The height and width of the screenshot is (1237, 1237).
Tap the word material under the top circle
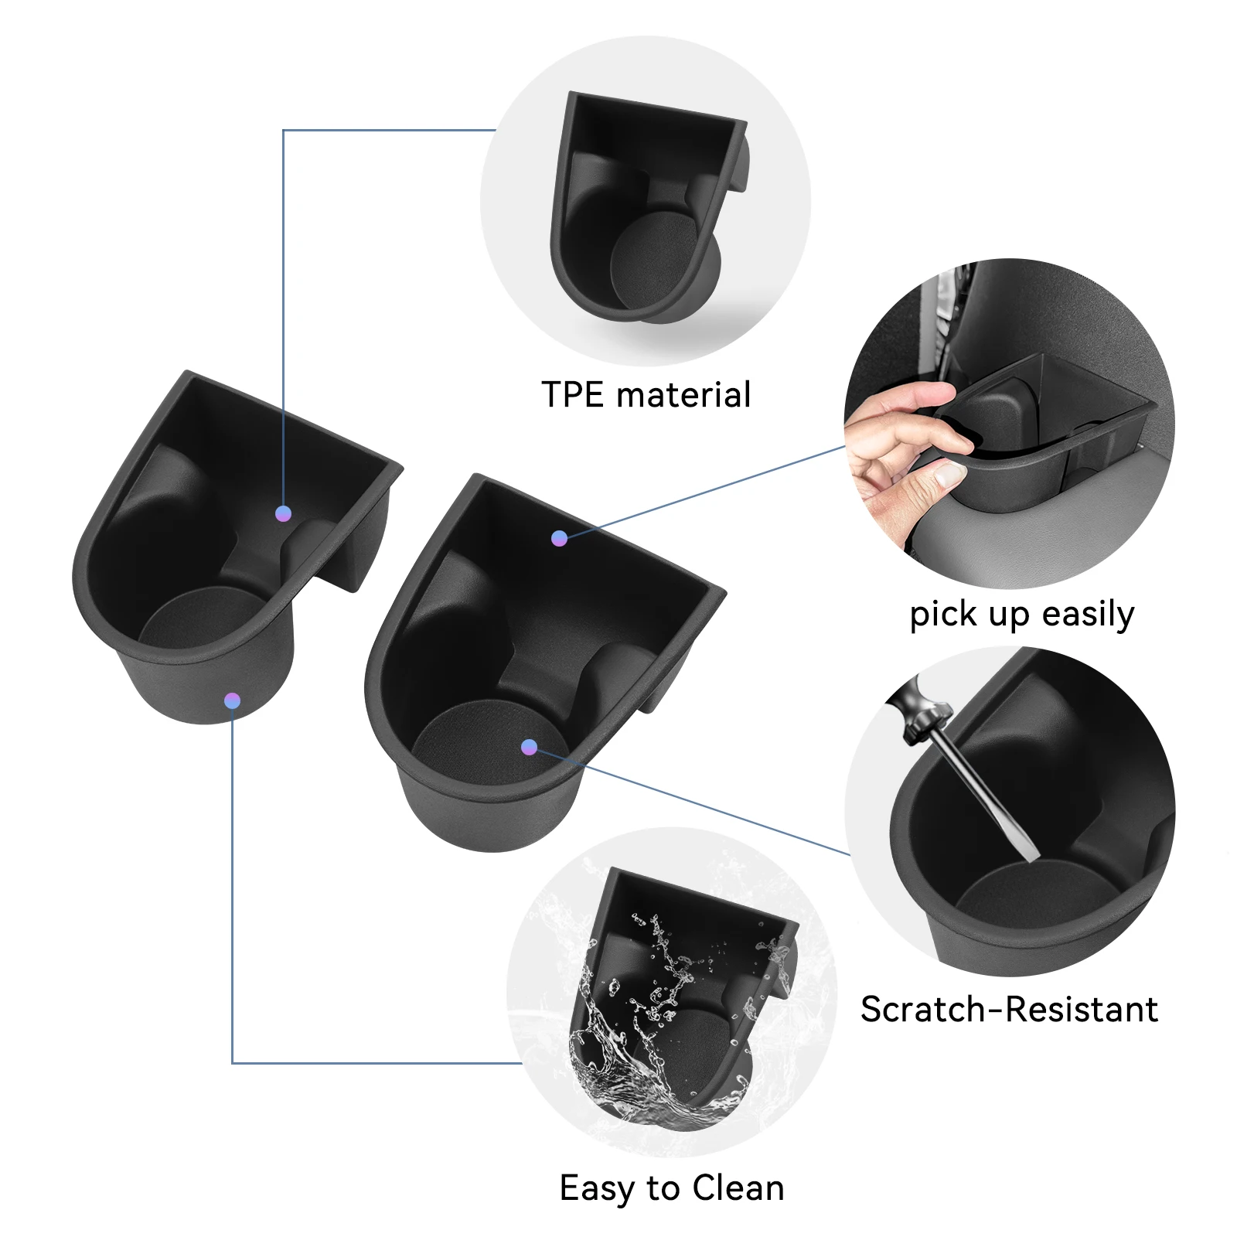[684, 394]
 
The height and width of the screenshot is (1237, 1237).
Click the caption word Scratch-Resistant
[1009, 1010]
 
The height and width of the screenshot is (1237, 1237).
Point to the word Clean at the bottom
[738, 1188]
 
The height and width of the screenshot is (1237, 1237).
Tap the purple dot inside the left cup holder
[284, 513]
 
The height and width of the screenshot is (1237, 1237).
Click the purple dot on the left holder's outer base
[232, 701]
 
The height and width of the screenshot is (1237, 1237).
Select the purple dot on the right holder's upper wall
[560, 538]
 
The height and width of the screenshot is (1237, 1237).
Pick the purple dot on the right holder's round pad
[530, 747]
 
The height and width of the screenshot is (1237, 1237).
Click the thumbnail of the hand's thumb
[948, 475]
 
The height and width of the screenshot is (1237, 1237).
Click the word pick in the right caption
[938, 615]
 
